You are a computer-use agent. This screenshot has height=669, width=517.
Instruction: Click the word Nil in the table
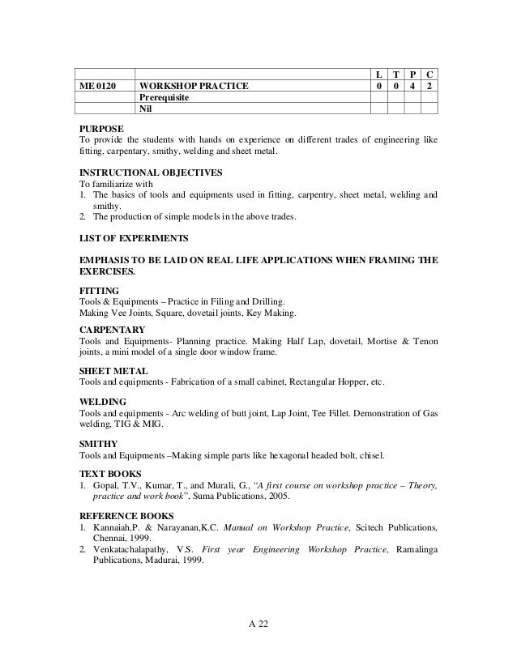(x=147, y=109)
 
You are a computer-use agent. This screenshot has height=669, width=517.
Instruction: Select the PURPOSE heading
(x=101, y=128)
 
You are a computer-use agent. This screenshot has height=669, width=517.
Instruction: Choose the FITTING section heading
(x=99, y=290)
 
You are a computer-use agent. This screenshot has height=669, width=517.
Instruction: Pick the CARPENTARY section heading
(x=112, y=330)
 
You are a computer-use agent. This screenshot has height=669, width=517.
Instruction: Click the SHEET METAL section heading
(x=113, y=369)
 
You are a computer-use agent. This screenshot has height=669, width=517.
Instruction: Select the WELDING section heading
(x=102, y=401)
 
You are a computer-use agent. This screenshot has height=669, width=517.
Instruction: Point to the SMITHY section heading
(x=98, y=443)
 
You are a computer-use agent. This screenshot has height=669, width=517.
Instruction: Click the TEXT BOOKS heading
(x=109, y=473)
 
